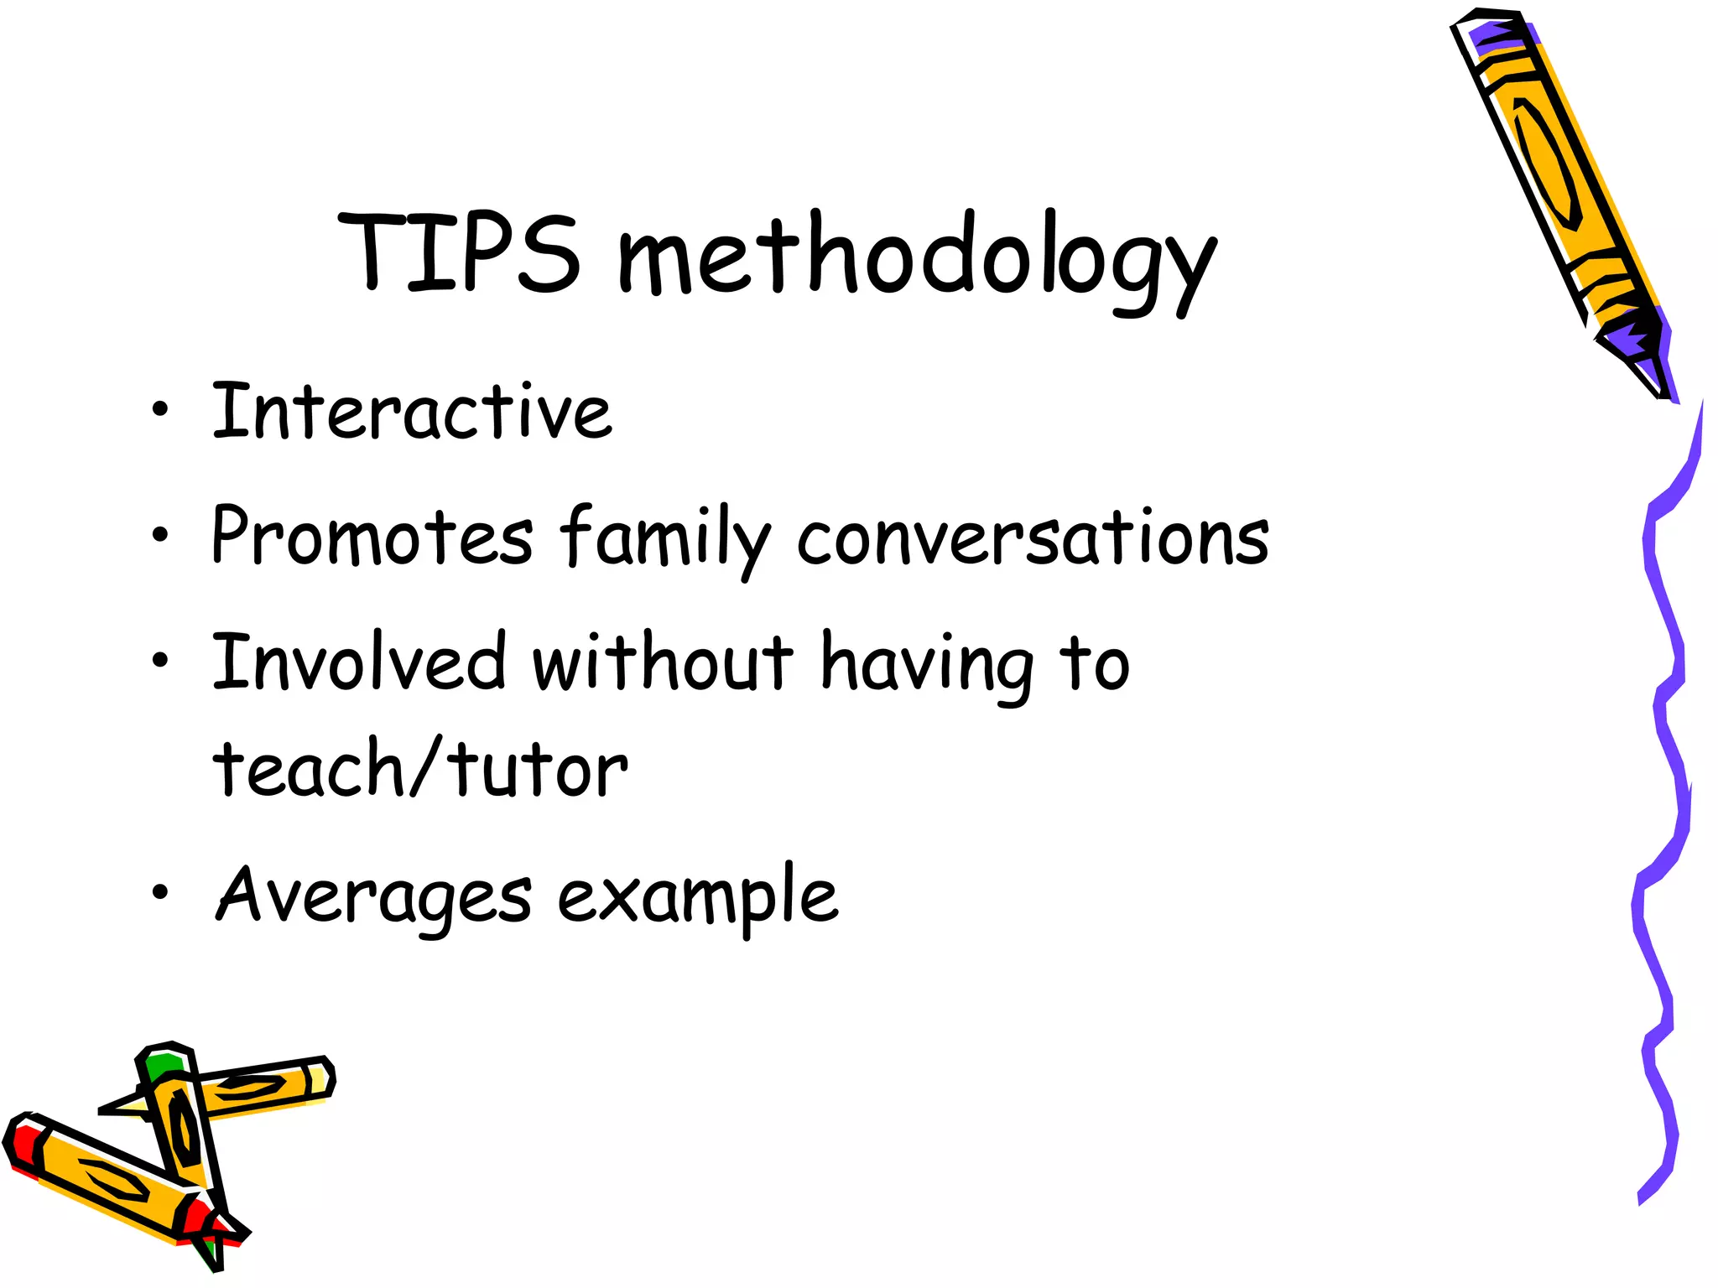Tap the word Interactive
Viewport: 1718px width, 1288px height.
[x=412, y=411]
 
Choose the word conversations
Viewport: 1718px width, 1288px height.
[x=1033, y=537]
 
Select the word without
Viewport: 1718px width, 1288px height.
[x=663, y=662]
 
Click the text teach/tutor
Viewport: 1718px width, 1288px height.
[x=419, y=767]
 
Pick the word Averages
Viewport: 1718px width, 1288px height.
[x=373, y=896]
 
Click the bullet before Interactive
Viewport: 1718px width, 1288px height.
[x=160, y=410]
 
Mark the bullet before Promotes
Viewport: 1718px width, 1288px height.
[x=160, y=534]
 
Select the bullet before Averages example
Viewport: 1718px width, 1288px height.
[x=160, y=892]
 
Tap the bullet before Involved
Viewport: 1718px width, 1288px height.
[x=160, y=660]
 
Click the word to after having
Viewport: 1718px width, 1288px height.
[x=1095, y=664]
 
